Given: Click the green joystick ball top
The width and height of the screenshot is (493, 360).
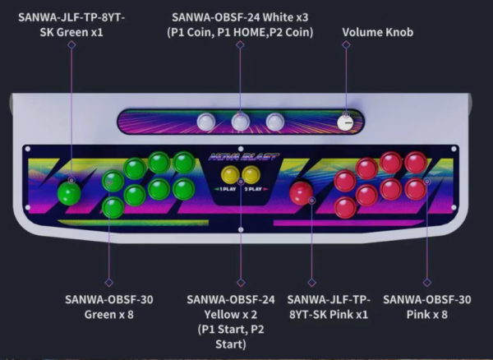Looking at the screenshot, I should (x=69, y=193).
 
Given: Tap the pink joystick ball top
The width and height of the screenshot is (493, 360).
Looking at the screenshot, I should (x=302, y=193).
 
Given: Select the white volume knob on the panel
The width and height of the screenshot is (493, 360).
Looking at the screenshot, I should (x=345, y=122).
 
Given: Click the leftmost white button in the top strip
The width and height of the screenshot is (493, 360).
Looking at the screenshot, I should (x=205, y=122).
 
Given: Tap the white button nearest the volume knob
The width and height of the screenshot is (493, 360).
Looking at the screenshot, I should (x=275, y=122).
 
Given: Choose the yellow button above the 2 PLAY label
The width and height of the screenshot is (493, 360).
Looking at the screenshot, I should (x=251, y=174).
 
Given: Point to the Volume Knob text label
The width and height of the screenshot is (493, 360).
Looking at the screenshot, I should (x=378, y=32).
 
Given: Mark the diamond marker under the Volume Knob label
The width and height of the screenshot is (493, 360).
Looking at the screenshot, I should (x=346, y=44).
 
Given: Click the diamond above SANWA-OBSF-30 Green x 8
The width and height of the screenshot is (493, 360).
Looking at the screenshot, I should (x=108, y=282).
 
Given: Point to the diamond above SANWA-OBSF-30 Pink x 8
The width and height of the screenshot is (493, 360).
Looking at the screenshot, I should (x=427, y=282).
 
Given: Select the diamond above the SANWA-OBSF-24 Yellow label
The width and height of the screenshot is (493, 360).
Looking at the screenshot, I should (x=241, y=282).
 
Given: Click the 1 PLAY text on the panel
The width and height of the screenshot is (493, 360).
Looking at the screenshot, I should (x=228, y=189).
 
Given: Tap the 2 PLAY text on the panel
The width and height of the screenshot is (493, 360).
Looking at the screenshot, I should (x=253, y=189).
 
